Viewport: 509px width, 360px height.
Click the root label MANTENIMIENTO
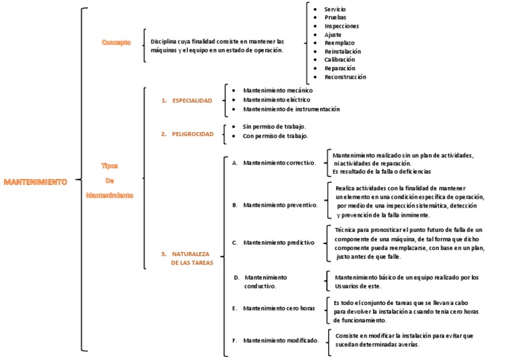[35, 181]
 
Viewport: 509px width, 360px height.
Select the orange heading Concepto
[116, 42]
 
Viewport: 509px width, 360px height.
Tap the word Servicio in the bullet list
[335, 9]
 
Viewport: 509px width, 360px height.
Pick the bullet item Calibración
[339, 60]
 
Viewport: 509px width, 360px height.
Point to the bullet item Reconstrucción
[345, 77]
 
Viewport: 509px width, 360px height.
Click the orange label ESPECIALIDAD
[192, 101]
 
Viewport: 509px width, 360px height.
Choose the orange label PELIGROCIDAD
[192, 134]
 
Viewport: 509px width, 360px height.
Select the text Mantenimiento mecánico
[278, 90]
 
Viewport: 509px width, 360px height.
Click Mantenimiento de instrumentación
[291, 109]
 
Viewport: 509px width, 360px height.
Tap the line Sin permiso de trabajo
[274, 126]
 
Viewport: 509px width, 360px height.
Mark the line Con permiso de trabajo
[275, 136]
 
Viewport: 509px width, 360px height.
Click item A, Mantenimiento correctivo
[279, 162]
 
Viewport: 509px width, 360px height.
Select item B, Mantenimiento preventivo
[280, 205]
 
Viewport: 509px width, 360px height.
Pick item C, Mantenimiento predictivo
[278, 243]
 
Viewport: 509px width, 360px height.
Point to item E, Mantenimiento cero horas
[279, 308]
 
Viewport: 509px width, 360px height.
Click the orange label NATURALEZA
[191, 254]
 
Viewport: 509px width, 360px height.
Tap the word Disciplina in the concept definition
[165, 41]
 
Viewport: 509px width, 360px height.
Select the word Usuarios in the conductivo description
[347, 286]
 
